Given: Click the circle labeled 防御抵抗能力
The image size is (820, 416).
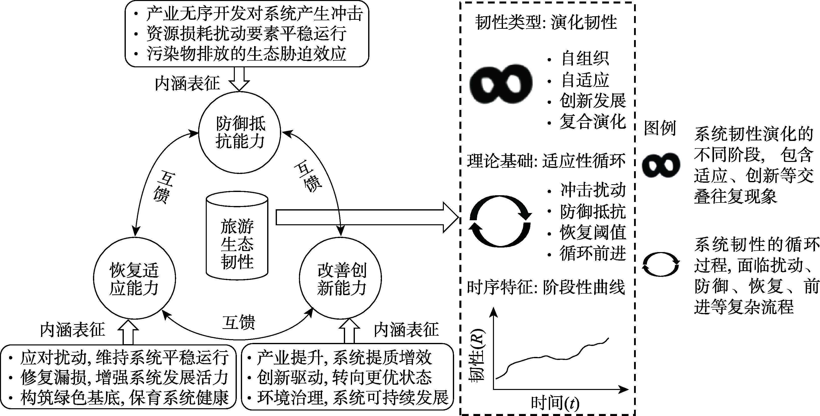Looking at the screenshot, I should click(x=239, y=132).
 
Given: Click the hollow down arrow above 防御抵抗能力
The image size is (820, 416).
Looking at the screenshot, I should click(x=239, y=78).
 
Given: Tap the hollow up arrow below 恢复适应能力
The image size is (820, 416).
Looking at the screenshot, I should click(x=128, y=332).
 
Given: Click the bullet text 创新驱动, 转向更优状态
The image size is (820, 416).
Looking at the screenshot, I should click(x=344, y=377).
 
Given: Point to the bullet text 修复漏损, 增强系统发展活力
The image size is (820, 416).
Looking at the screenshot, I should click(x=124, y=377).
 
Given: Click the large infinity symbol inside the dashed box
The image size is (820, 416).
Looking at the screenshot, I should click(x=501, y=83).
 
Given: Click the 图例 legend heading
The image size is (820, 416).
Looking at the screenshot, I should click(x=660, y=128).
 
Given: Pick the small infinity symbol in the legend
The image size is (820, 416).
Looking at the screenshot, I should click(x=661, y=165).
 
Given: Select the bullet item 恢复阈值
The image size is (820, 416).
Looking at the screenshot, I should click(x=593, y=233).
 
